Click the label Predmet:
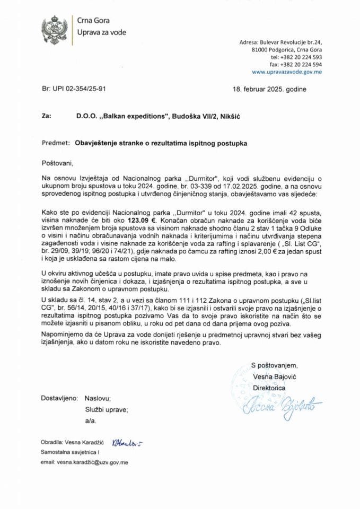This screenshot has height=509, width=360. pyautogui.click(x=55, y=143)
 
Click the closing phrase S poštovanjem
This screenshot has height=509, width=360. pyautogui.click(x=274, y=365)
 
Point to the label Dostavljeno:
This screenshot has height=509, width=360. pyautogui.click(x=58, y=397)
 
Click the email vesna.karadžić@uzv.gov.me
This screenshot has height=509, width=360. pyautogui.click(x=84, y=462)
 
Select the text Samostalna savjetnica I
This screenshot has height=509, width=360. pyautogui.click(x=71, y=451)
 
